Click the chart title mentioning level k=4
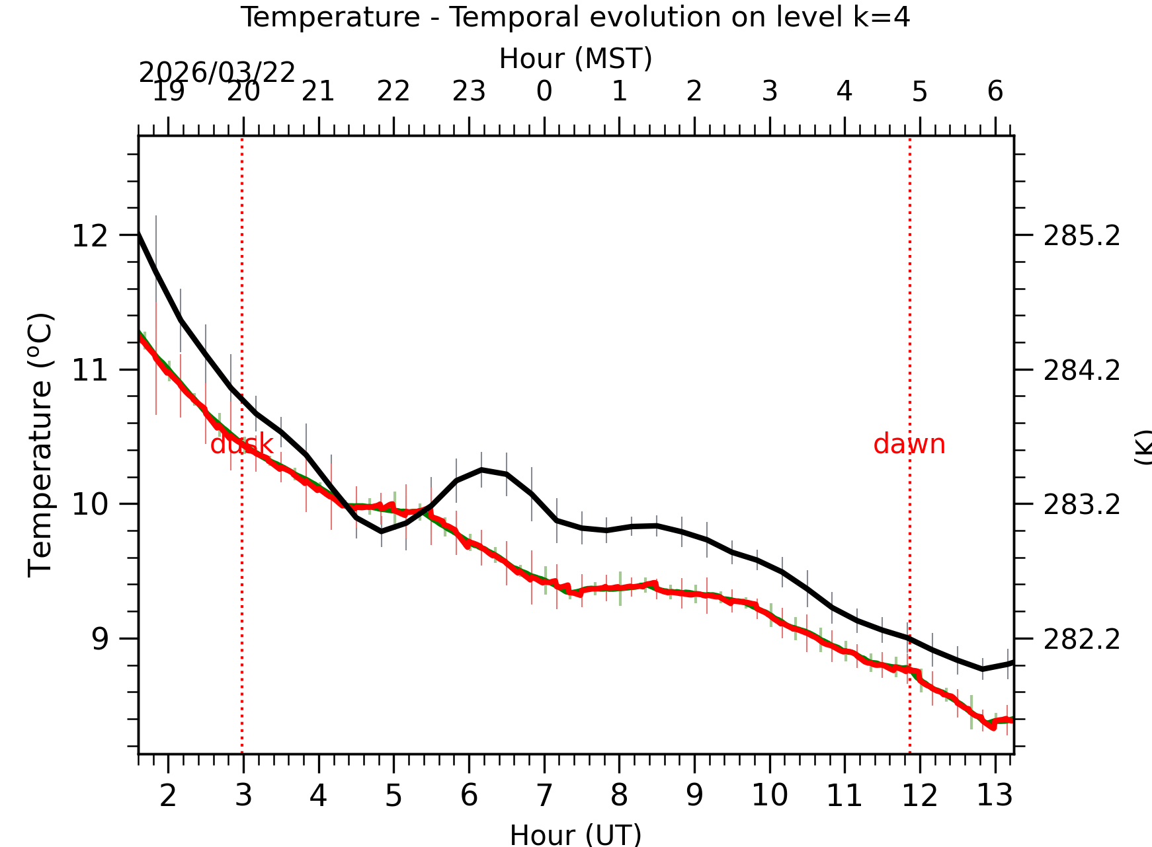pyautogui.click(x=575, y=17)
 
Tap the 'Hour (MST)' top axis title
pyautogui.click(x=575, y=59)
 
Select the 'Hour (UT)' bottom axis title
pyautogui.click(x=575, y=835)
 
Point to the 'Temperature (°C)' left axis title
pyautogui.click(x=40, y=445)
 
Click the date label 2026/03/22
pyautogui.click(x=217, y=73)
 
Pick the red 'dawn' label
pyautogui.click(x=909, y=445)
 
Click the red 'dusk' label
pyautogui.click(x=241, y=445)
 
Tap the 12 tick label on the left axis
pyautogui.click(x=90, y=236)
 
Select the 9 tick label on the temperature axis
pyautogui.click(x=100, y=639)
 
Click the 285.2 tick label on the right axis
pyautogui.click(x=1082, y=236)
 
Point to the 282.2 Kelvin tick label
pyautogui.click(x=1082, y=639)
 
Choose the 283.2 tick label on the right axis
pyautogui.click(x=1082, y=505)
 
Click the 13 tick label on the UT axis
pyautogui.click(x=995, y=795)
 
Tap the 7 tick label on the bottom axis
pyautogui.click(x=544, y=795)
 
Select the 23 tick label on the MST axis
pyautogui.click(x=469, y=92)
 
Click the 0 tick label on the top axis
pyautogui.click(x=544, y=92)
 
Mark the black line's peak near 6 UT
pyautogui.click(x=481, y=469)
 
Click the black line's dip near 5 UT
pyautogui.click(x=382, y=531)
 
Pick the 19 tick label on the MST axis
pyautogui.click(x=168, y=92)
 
